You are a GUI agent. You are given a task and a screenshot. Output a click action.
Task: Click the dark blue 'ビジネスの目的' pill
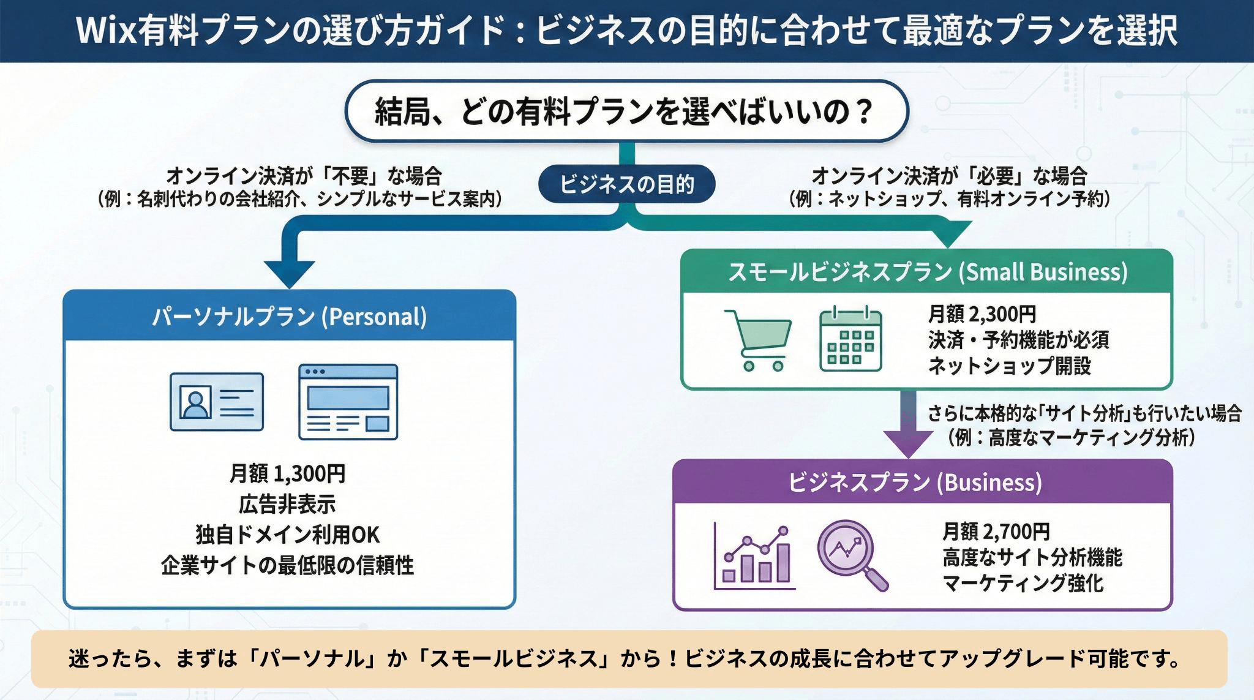pyautogui.click(x=626, y=184)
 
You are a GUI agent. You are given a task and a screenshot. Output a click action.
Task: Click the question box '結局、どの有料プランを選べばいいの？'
pyautogui.click(x=626, y=111)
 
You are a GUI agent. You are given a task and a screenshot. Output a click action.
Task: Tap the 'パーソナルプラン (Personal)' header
pyautogui.click(x=289, y=317)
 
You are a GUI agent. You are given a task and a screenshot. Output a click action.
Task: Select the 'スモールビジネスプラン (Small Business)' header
pyautogui.click(x=927, y=272)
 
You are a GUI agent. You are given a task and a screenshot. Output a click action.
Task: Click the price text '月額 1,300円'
pyautogui.click(x=287, y=473)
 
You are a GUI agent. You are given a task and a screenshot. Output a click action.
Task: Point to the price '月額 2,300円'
pyautogui.click(x=982, y=314)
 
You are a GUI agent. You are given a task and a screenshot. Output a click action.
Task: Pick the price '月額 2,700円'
pyautogui.click(x=996, y=531)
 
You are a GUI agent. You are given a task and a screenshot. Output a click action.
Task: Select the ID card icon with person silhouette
pyautogui.click(x=217, y=402)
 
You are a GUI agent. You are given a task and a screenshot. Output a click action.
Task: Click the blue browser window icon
pyautogui.click(x=348, y=402)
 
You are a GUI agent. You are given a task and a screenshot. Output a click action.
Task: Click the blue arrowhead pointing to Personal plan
pyautogui.click(x=289, y=273)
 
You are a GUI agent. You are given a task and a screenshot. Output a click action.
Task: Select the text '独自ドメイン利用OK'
pyautogui.click(x=287, y=535)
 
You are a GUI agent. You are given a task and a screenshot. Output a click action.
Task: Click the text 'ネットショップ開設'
pyautogui.click(x=1009, y=366)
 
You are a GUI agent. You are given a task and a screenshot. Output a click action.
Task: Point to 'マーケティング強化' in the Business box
pyautogui.click(x=1023, y=583)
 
